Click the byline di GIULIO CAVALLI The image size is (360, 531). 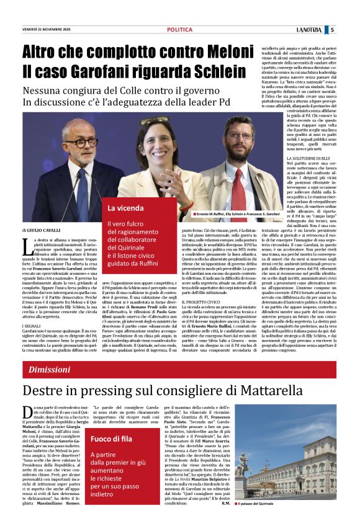pos(45,230)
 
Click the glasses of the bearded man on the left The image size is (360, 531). pos(81,142)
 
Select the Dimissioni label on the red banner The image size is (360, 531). pos(50,370)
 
